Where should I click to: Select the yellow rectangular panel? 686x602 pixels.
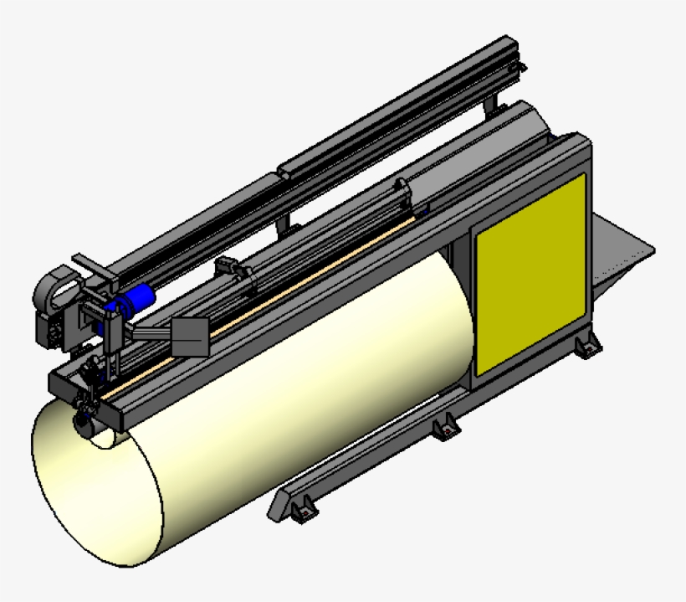(x=530, y=275)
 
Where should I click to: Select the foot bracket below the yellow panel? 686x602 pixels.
(x=585, y=343)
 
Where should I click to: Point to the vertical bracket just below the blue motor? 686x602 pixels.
(x=114, y=339)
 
